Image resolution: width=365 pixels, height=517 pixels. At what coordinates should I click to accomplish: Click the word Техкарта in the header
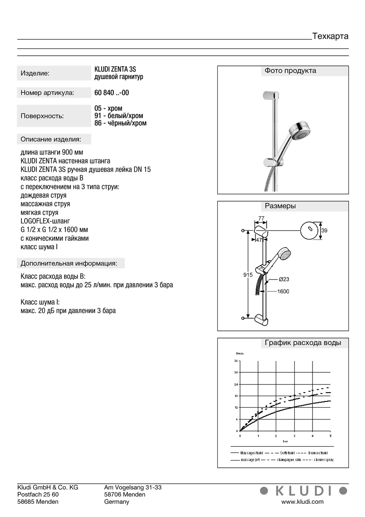click(x=330, y=36)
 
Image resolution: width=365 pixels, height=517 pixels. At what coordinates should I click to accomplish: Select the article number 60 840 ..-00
click(x=112, y=92)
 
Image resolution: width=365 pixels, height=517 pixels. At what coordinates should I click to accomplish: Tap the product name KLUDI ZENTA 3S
click(x=115, y=69)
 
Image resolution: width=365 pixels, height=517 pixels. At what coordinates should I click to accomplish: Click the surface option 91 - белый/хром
click(x=119, y=116)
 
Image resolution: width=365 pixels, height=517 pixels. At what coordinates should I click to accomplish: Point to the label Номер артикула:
click(x=48, y=93)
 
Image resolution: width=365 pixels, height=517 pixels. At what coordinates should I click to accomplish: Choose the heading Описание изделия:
click(x=51, y=139)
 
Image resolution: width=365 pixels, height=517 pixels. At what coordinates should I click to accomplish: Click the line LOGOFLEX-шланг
click(x=45, y=221)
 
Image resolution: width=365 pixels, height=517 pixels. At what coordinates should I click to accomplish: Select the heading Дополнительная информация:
click(x=69, y=263)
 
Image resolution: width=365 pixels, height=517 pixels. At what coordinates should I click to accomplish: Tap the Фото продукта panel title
click(x=290, y=71)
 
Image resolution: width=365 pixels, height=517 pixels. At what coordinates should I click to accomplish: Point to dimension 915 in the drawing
click(x=248, y=275)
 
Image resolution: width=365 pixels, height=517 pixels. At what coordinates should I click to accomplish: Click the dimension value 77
click(x=261, y=219)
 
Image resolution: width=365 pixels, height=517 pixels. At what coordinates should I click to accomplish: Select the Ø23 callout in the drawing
click(x=284, y=279)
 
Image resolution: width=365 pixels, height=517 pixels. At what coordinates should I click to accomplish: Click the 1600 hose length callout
click(x=283, y=291)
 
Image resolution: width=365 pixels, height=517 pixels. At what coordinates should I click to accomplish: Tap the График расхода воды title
click(x=303, y=343)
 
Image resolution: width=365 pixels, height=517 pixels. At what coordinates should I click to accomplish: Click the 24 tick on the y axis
click(x=236, y=384)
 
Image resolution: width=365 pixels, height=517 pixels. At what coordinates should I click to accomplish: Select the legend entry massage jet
click(x=252, y=460)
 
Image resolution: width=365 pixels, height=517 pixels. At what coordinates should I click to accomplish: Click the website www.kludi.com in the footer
click(x=302, y=502)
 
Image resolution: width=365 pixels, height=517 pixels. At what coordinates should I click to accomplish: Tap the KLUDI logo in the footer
click(x=303, y=490)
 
